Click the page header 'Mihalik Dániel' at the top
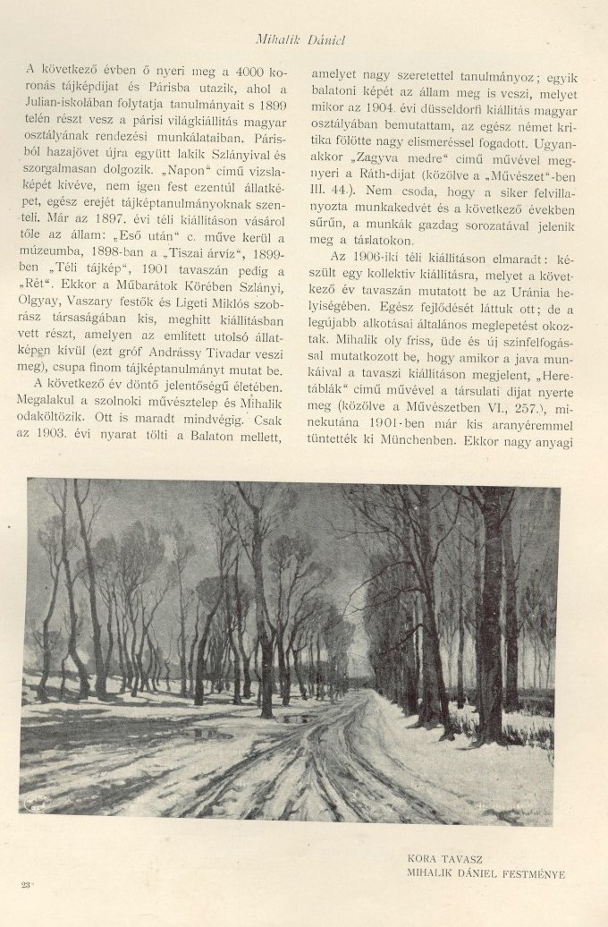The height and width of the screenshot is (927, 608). [300, 40]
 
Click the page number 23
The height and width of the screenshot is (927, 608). [25, 884]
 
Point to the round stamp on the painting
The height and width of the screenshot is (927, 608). [36, 798]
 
